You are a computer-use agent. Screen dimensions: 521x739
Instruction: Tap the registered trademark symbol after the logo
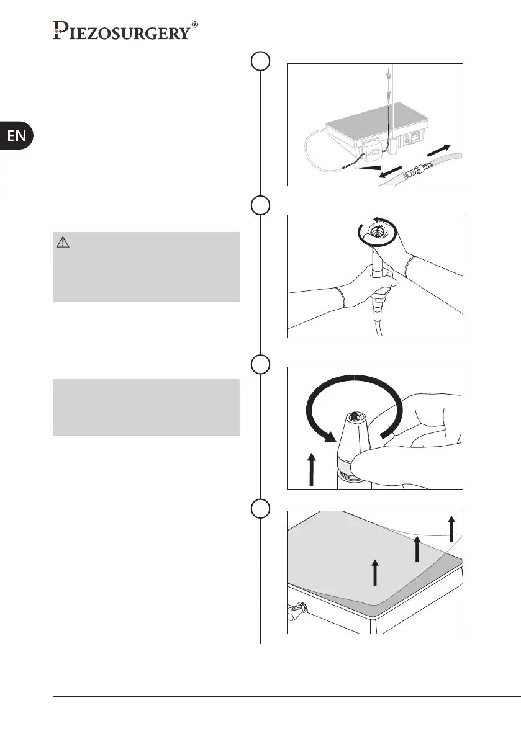pyautogui.click(x=195, y=25)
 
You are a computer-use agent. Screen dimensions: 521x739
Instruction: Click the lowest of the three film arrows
pyautogui.click(x=374, y=571)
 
